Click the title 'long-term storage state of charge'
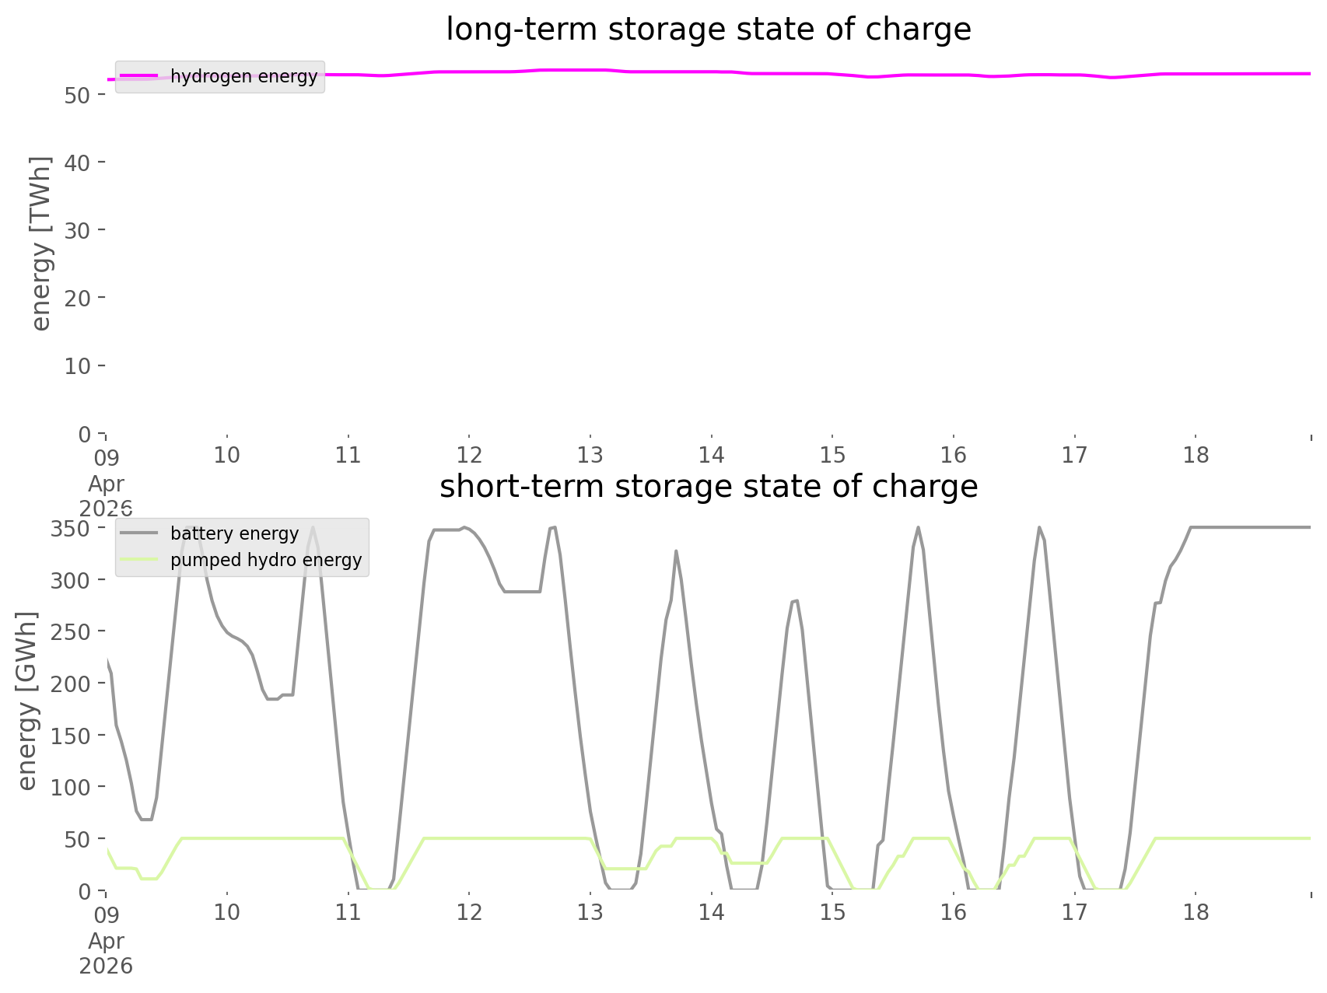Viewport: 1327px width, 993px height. (708, 30)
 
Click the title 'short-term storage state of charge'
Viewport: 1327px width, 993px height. (708, 487)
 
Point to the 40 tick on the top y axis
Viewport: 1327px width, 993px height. (79, 162)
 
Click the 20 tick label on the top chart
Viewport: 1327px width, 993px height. (79, 298)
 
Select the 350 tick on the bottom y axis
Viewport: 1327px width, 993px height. (71, 529)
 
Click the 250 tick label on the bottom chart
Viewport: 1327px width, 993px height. (71, 632)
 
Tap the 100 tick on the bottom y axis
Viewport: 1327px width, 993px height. (71, 787)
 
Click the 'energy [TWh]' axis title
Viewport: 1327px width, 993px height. (40, 243)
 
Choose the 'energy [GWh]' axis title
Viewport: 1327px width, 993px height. (27, 701)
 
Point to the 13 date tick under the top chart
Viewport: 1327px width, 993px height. (590, 455)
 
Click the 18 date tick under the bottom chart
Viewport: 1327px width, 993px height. (1196, 912)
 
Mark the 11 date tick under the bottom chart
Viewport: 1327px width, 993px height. (348, 912)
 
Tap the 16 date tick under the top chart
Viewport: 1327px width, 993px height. (954, 455)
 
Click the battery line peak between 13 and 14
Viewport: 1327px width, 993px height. (676, 551)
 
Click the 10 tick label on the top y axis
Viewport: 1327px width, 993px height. (79, 365)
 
